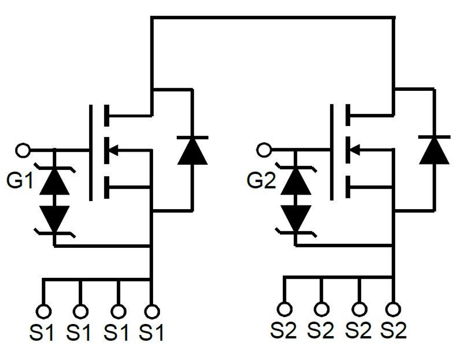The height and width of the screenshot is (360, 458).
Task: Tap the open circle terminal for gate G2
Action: pyautogui.click(x=263, y=150)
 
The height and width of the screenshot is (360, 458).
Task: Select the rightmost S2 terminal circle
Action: pyautogui.click(x=393, y=308)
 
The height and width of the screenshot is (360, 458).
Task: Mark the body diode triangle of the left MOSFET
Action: pyautogui.click(x=192, y=150)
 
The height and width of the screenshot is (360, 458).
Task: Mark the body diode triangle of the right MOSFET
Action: pyautogui.click(x=434, y=150)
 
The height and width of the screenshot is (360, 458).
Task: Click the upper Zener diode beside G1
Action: pyautogui.click(x=54, y=181)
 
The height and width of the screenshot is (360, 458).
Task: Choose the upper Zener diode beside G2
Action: pyautogui.click(x=296, y=181)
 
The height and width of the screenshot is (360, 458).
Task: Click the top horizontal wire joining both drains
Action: pyautogui.click(x=272, y=18)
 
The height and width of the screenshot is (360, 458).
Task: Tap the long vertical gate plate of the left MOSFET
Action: pyautogui.click(x=91, y=152)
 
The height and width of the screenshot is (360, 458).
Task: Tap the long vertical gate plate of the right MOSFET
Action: pyautogui.click(x=332, y=152)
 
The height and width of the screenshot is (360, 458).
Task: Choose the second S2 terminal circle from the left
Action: pyautogui.click(x=321, y=308)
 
